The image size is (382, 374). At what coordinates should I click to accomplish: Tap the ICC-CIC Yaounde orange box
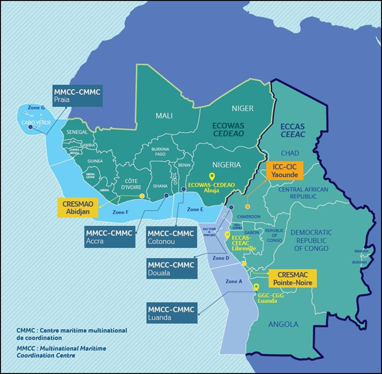[284, 171]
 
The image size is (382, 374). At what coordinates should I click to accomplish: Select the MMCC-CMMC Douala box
[171, 269]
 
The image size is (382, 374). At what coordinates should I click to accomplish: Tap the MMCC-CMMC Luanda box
[171, 314]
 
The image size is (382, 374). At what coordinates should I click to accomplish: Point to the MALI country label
[164, 116]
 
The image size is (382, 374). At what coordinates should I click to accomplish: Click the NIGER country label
[243, 108]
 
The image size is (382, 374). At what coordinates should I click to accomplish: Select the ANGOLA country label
[283, 324]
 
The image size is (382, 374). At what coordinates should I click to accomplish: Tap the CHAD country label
[290, 153]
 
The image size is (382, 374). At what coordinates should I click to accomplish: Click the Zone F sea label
[120, 212]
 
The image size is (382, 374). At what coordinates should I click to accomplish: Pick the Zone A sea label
[234, 281]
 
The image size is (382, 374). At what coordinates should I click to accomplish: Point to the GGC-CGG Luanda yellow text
[267, 298]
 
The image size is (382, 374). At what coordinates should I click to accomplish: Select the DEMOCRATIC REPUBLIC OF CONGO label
[311, 240]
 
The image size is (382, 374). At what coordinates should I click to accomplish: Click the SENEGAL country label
[77, 132]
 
